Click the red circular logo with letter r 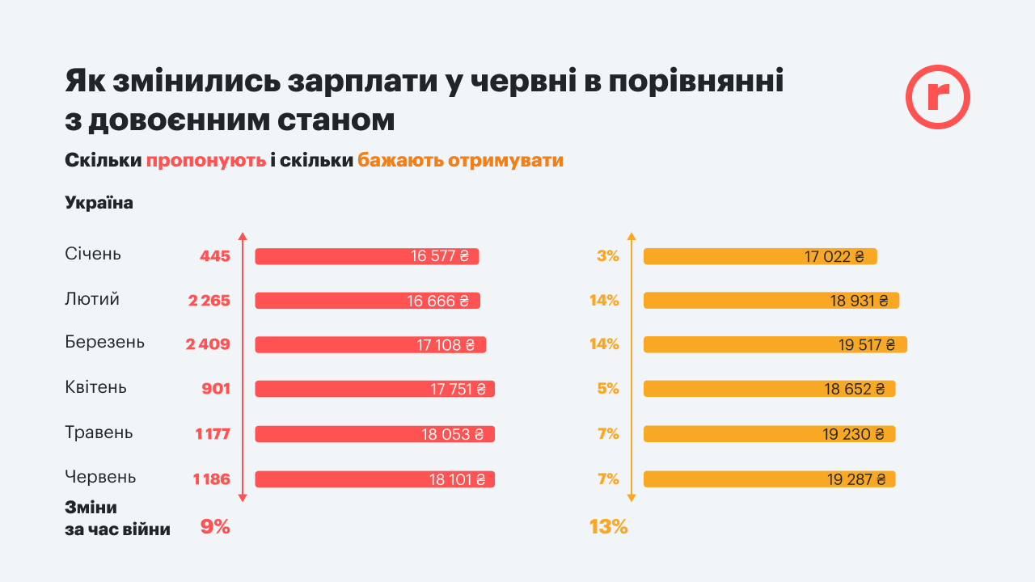click(x=937, y=96)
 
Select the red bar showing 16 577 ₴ click(x=367, y=256)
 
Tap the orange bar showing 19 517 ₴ click(x=775, y=344)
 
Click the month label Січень click(x=93, y=254)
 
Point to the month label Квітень click(x=95, y=387)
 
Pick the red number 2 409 click(x=208, y=344)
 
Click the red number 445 click(x=215, y=256)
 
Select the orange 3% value click(x=607, y=256)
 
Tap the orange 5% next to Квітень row click(x=607, y=389)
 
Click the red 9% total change click(x=215, y=527)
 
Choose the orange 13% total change click(x=608, y=527)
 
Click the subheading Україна click(x=99, y=203)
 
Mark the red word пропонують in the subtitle click(x=205, y=160)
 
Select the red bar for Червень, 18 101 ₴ click(x=374, y=479)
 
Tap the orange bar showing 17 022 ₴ click(x=760, y=256)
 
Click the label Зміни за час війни click(x=117, y=519)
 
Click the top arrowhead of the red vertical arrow click(x=243, y=236)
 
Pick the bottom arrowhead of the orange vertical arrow click(x=632, y=500)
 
